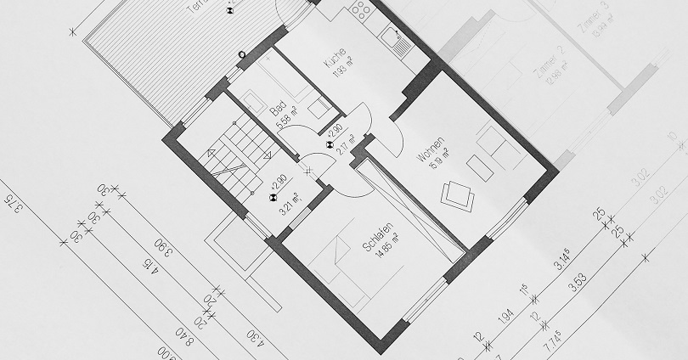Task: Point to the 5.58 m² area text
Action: [286, 120]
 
